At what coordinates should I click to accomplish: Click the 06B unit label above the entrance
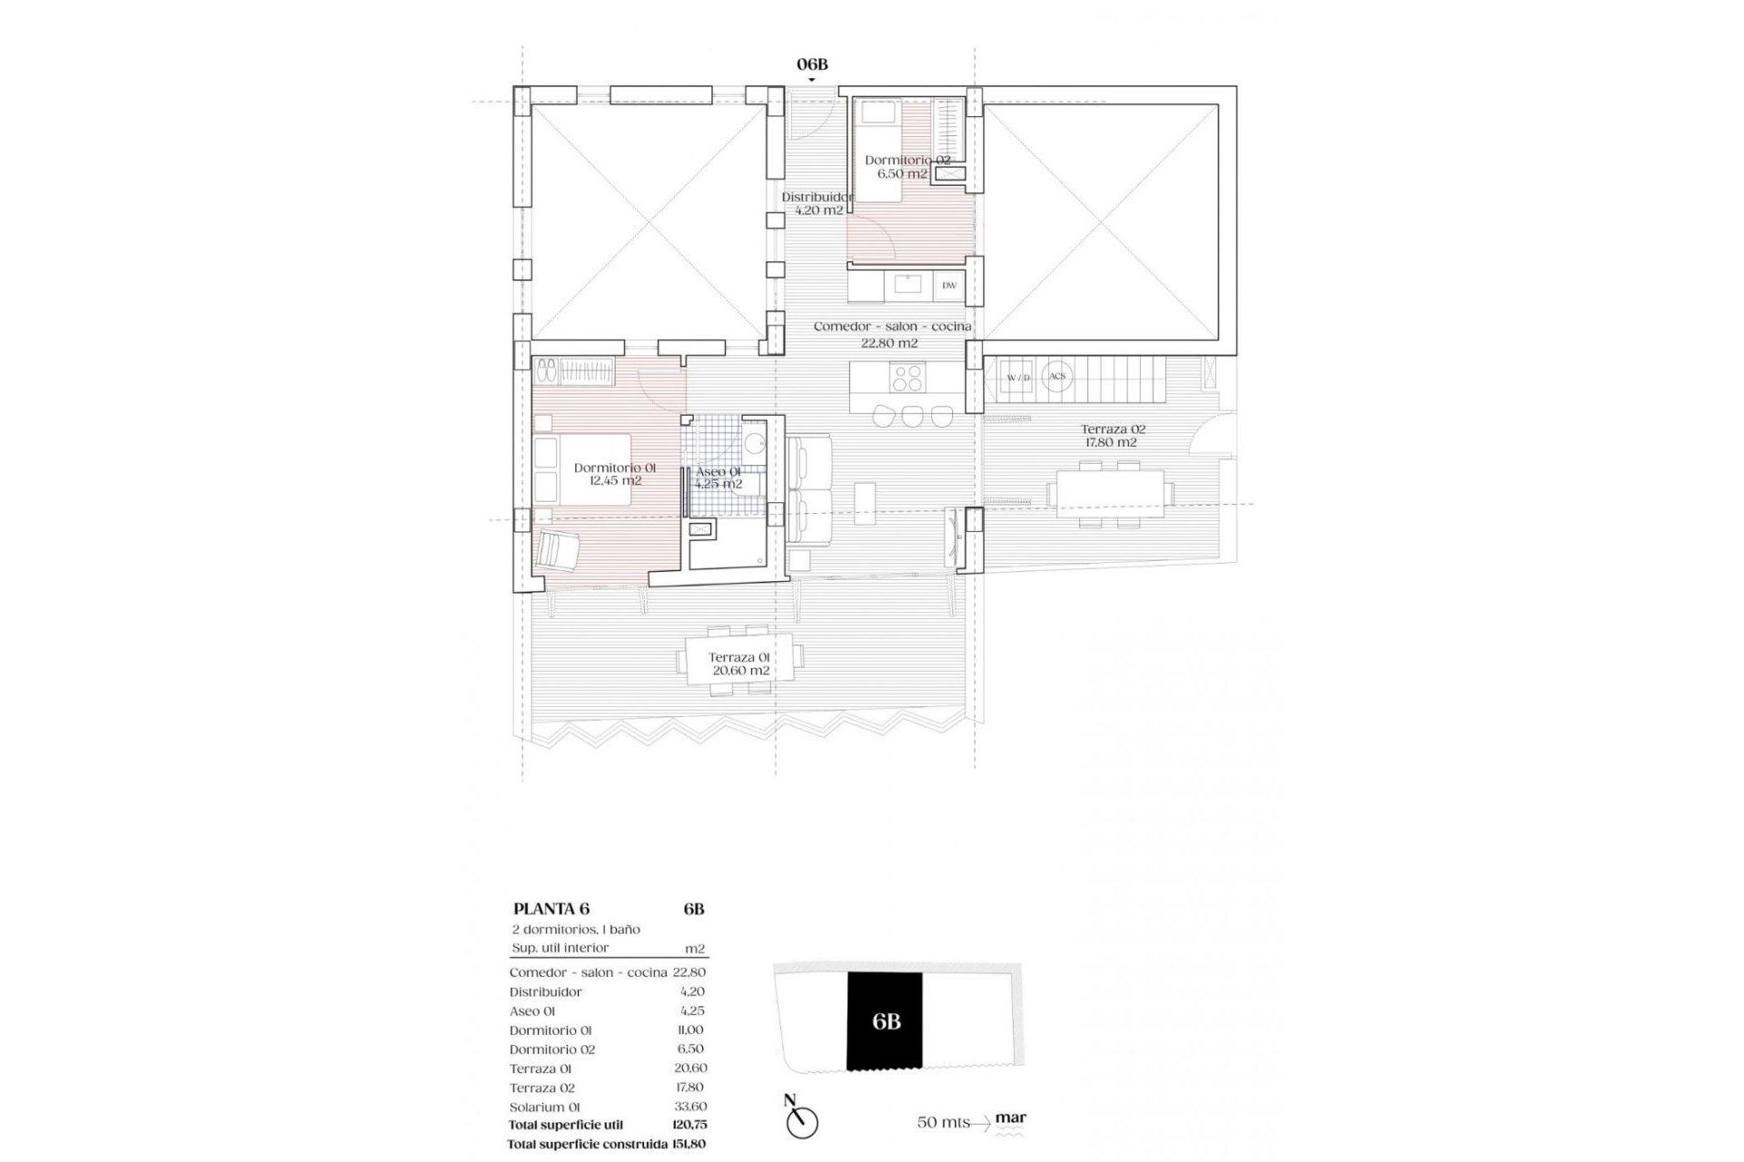pos(812,64)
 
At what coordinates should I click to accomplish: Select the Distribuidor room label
pos(817,203)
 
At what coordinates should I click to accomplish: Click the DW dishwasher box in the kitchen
pos(949,285)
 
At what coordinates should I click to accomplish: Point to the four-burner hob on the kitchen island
pos(908,377)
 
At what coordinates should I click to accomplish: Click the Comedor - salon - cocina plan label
pos(892,334)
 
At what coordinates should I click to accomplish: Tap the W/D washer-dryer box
pos(1018,377)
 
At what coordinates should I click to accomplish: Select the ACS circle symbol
pos(1056,376)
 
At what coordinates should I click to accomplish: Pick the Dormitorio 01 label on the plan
pos(615,474)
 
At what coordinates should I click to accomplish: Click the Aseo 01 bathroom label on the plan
pos(718,478)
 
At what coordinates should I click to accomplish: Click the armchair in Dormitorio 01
pos(558,551)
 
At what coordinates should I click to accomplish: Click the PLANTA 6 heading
pos(551,909)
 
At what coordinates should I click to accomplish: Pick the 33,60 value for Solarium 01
pos(692,1107)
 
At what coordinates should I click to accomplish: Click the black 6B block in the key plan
pos(886,1020)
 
